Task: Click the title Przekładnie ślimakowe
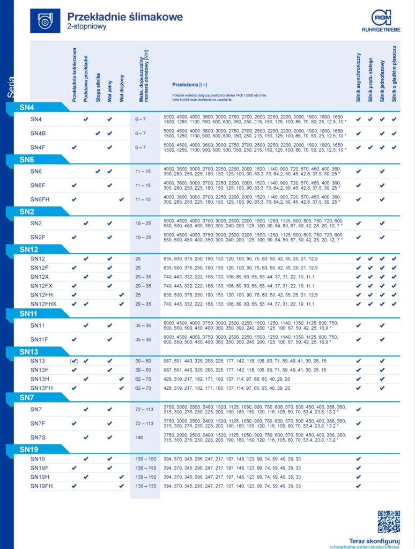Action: pos(125,16)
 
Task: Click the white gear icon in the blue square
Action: pos(45,20)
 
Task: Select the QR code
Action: pos(389,521)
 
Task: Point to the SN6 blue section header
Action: pos(27,159)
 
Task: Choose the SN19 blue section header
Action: pos(29,449)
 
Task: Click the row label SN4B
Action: pos(38,133)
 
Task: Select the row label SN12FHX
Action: pos(43,304)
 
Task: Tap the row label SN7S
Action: pos(38,437)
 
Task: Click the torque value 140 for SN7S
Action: pos(139,437)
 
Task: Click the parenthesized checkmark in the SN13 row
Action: pos(74,361)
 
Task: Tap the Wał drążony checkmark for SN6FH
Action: pos(121,199)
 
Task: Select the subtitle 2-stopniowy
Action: pos(87,26)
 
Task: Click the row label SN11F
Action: pos(40,339)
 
